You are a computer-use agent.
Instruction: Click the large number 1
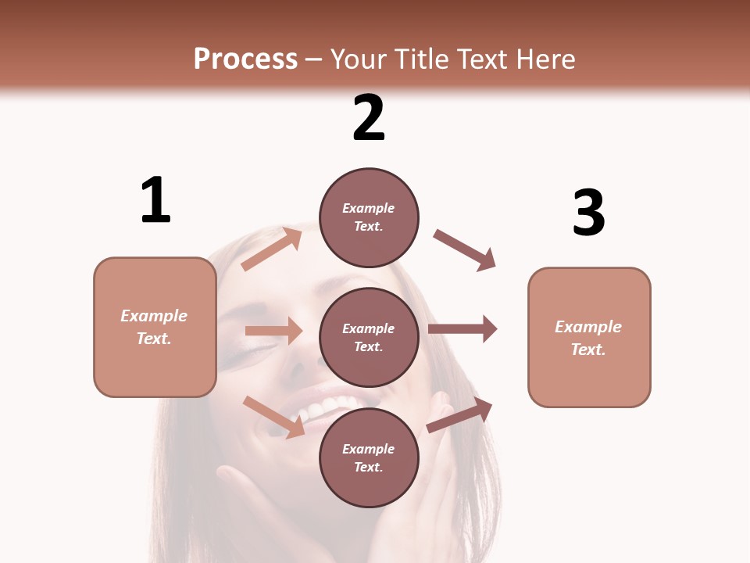(x=155, y=201)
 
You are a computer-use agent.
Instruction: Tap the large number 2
(x=369, y=118)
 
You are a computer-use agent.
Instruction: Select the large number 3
(x=588, y=213)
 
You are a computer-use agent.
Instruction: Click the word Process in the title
(x=245, y=59)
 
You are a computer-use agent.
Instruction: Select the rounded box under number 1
(x=155, y=327)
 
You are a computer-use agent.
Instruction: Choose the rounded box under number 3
(x=589, y=337)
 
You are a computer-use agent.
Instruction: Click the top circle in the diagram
(x=369, y=217)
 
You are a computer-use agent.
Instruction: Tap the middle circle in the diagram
(x=369, y=337)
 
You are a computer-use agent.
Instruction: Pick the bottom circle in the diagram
(x=369, y=457)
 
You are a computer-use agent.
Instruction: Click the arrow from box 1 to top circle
(x=272, y=249)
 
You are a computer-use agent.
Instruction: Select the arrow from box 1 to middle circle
(x=273, y=331)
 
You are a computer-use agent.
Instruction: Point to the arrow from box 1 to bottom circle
(x=274, y=416)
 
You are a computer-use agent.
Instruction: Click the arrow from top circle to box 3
(x=465, y=250)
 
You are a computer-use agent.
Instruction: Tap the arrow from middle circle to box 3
(x=462, y=328)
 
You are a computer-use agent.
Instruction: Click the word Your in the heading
(x=359, y=59)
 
